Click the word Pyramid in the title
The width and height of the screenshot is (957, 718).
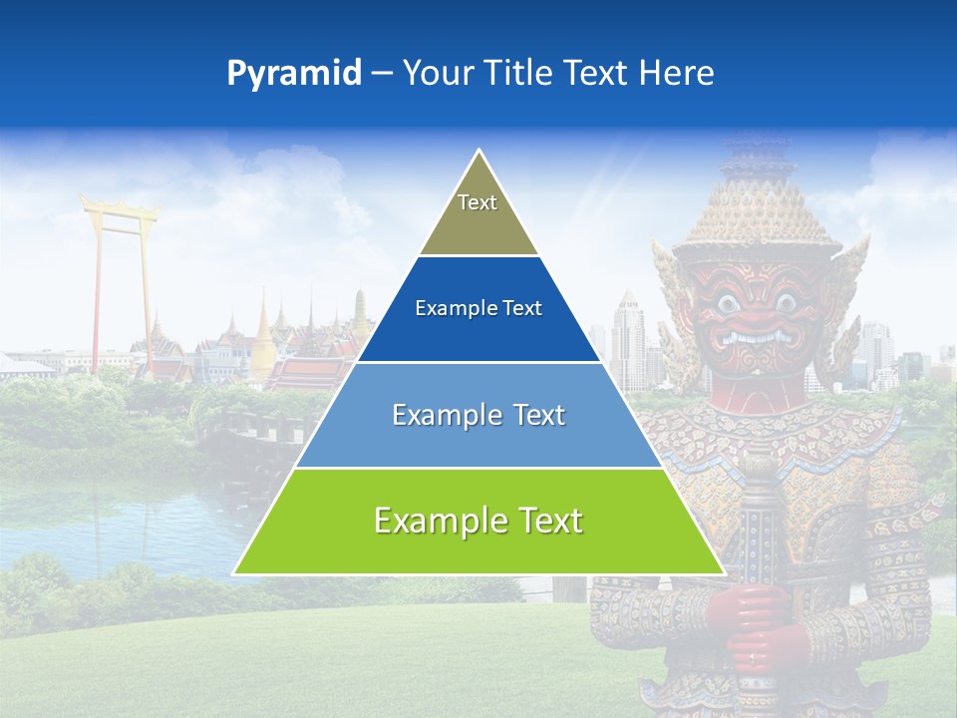293,74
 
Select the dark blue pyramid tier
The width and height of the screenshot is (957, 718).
478,309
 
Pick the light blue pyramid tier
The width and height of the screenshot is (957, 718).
478,415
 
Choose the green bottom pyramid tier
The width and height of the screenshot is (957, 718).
478,522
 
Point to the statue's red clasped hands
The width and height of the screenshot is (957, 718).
757,623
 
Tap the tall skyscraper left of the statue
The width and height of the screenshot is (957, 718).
628,339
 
